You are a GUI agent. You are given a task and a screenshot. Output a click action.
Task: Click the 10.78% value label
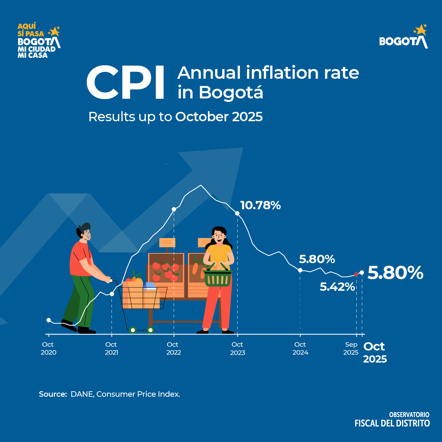pyautogui.click(x=260, y=205)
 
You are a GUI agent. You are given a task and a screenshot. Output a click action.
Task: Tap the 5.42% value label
pyautogui.click(x=337, y=287)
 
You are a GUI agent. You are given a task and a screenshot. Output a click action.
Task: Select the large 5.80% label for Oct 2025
pyautogui.click(x=395, y=273)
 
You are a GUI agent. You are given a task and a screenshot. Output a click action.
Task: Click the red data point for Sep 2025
pyautogui.click(x=356, y=274)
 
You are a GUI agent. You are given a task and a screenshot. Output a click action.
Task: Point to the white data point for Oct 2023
pyautogui.click(x=237, y=213)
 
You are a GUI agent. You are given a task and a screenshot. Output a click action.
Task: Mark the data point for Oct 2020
pyautogui.click(x=49, y=320)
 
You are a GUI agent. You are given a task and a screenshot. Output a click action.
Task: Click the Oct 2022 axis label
pyautogui.click(x=173, y=348)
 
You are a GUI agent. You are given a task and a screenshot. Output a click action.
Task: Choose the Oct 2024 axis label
pyautogui.click(x=300, y=348)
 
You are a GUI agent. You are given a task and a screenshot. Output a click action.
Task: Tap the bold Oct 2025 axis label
pyautogui.click(x=375, y=353)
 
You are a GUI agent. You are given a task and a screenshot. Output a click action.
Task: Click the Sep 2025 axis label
pyautogui.click(x=351, y=348)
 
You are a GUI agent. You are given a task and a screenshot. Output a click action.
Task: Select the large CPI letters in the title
pyautogui.click(x=126, y=83)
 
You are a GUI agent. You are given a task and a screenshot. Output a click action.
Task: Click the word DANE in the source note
pyautogui.click(x=82, y=394)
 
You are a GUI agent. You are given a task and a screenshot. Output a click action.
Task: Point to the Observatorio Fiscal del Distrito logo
pyautogui.click(x=392, y=420)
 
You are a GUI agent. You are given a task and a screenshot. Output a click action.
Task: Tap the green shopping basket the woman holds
pyautogui.click(x=218, y=278)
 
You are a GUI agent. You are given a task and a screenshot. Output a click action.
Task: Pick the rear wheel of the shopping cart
pyautogui.click(x=133, y=330)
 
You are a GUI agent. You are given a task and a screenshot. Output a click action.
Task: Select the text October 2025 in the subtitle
pyautogui.click(x=219, y=117)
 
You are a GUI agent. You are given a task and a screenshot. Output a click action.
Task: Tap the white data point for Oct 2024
pyautogui.click(x=300, y=270)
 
